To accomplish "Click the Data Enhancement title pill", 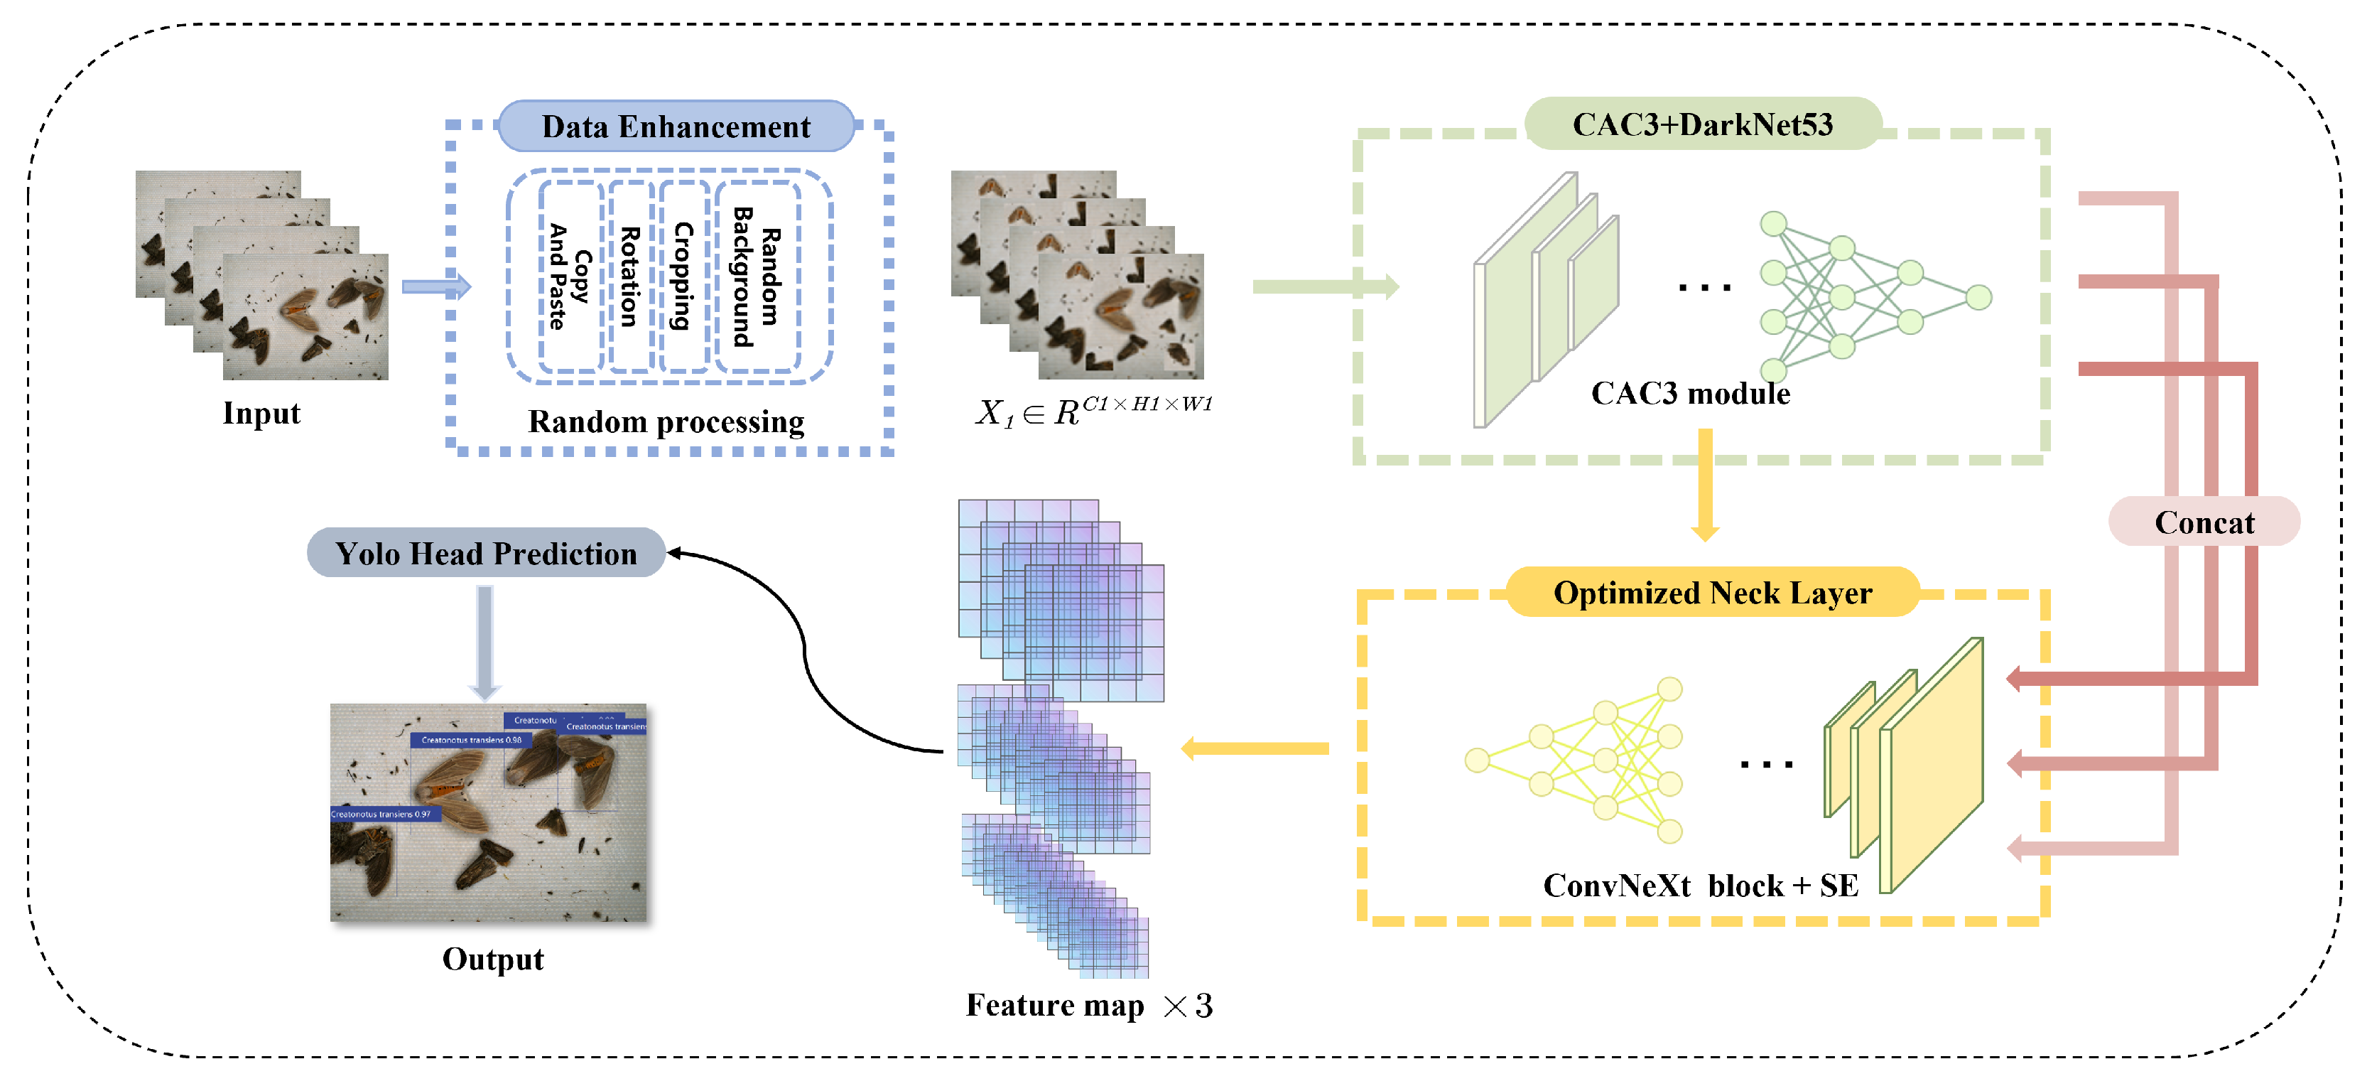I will tap(675, 127).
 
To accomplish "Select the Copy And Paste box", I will tap(570, 276).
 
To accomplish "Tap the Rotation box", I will tap(630, 276).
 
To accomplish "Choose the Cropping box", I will tap(683, 276).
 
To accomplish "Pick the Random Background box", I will tap(756, 276).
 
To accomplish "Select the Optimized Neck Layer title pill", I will tap(1712, 592).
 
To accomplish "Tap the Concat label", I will tap(2204, 522).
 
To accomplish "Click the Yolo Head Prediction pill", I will tap(485, 553).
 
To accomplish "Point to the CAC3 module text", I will tap(1690, 393).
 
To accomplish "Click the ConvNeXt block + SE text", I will tap(1700, 885).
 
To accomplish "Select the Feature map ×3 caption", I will tap(1088, 1005).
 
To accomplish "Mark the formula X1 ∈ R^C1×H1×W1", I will tap(1093, 410).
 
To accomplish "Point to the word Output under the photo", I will tap(492, 959).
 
